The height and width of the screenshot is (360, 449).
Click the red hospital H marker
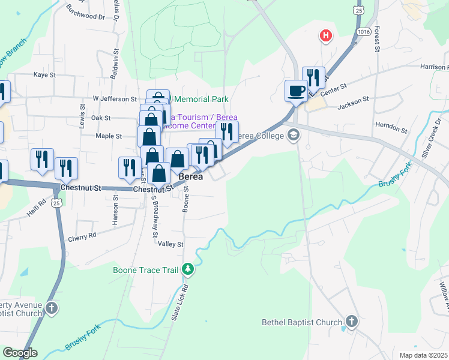click(326, 36)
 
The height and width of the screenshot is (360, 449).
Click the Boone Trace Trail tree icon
click(188, 269)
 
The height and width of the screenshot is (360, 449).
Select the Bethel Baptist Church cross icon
click(351, 322)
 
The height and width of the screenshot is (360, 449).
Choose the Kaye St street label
click(44, 75)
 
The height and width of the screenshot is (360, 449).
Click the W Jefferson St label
click(115, 98)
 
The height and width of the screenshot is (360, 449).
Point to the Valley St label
click(170, 244)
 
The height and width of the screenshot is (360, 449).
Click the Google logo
click(20, 353)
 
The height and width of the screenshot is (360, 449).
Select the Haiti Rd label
click(35, 207)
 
